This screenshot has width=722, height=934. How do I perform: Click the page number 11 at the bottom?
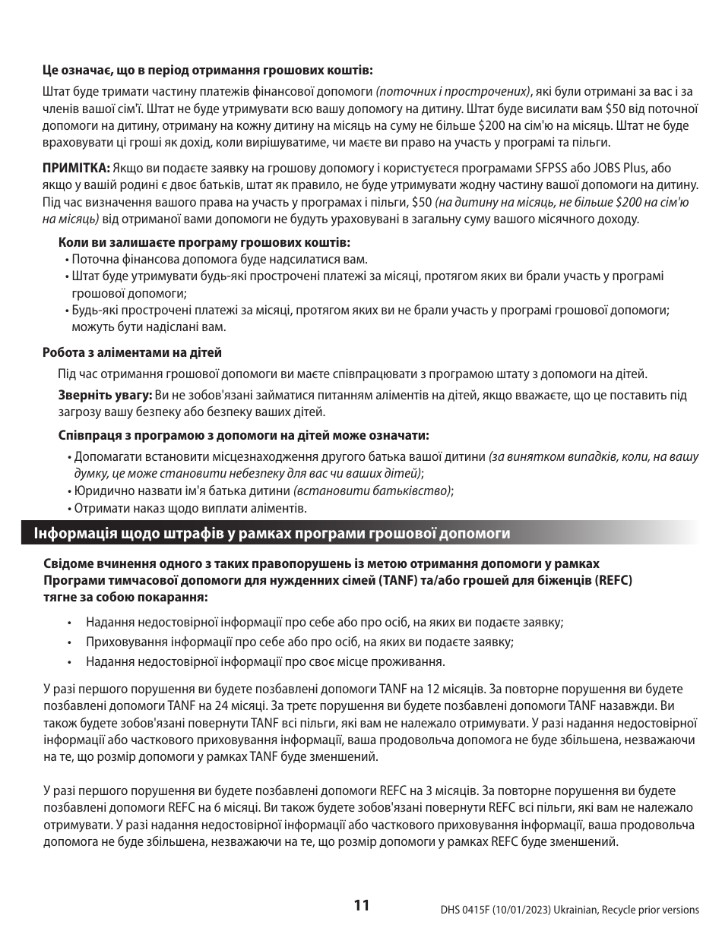[x=361, y=904]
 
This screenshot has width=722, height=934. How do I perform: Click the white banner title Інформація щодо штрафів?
[x=271, y=533]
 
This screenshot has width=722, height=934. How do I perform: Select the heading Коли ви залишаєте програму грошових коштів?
[x=204, y=242]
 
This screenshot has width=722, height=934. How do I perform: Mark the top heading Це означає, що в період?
[x=207, y=70]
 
